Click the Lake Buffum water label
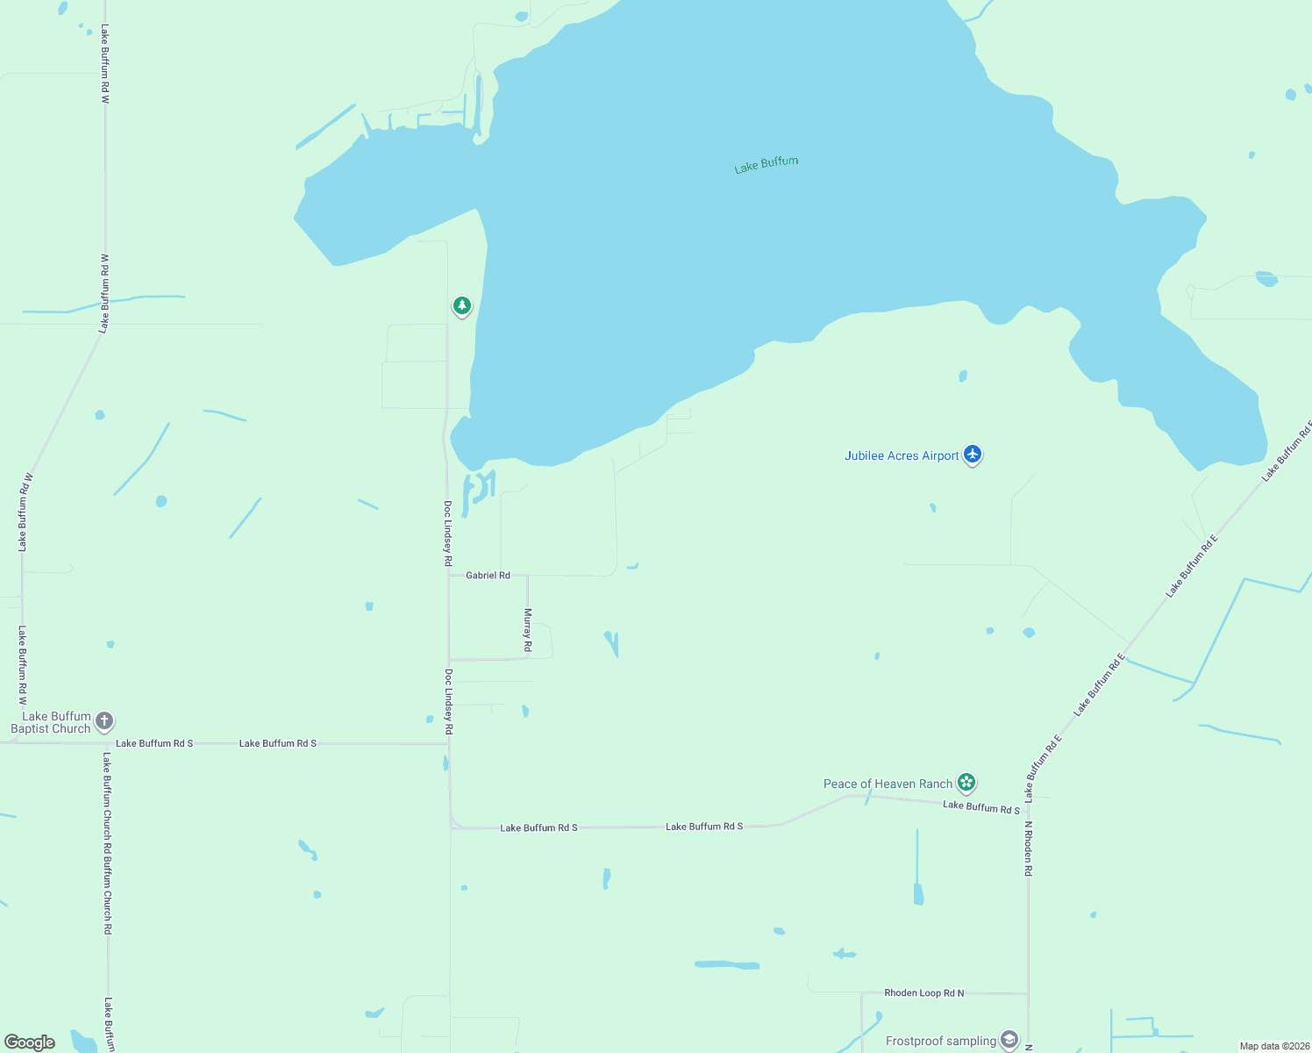tap(766, 165)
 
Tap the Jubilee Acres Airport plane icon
tap(972, 455)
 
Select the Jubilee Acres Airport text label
tap(902, 455)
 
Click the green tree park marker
tap(462, 305)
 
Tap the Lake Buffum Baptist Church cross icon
tap(104, 721)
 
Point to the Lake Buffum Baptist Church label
tap(51, 722)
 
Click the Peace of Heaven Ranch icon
tap(966, 782)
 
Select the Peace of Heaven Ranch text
tap(888, 784)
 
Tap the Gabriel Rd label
tap(488, 576)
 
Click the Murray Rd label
tap(528, 629)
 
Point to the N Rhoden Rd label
tap(1029, 849)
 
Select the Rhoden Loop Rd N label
tap(923, 993)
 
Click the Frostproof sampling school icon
tap(1009, 1040)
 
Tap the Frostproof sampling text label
tap(940, 1041)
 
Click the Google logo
tap(30, 1042)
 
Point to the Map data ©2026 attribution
tap(1273, 1046)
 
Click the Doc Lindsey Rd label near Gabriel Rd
tap(447, 533)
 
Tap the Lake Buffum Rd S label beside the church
tap(154, 743)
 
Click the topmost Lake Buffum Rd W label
tap(104, 64)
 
